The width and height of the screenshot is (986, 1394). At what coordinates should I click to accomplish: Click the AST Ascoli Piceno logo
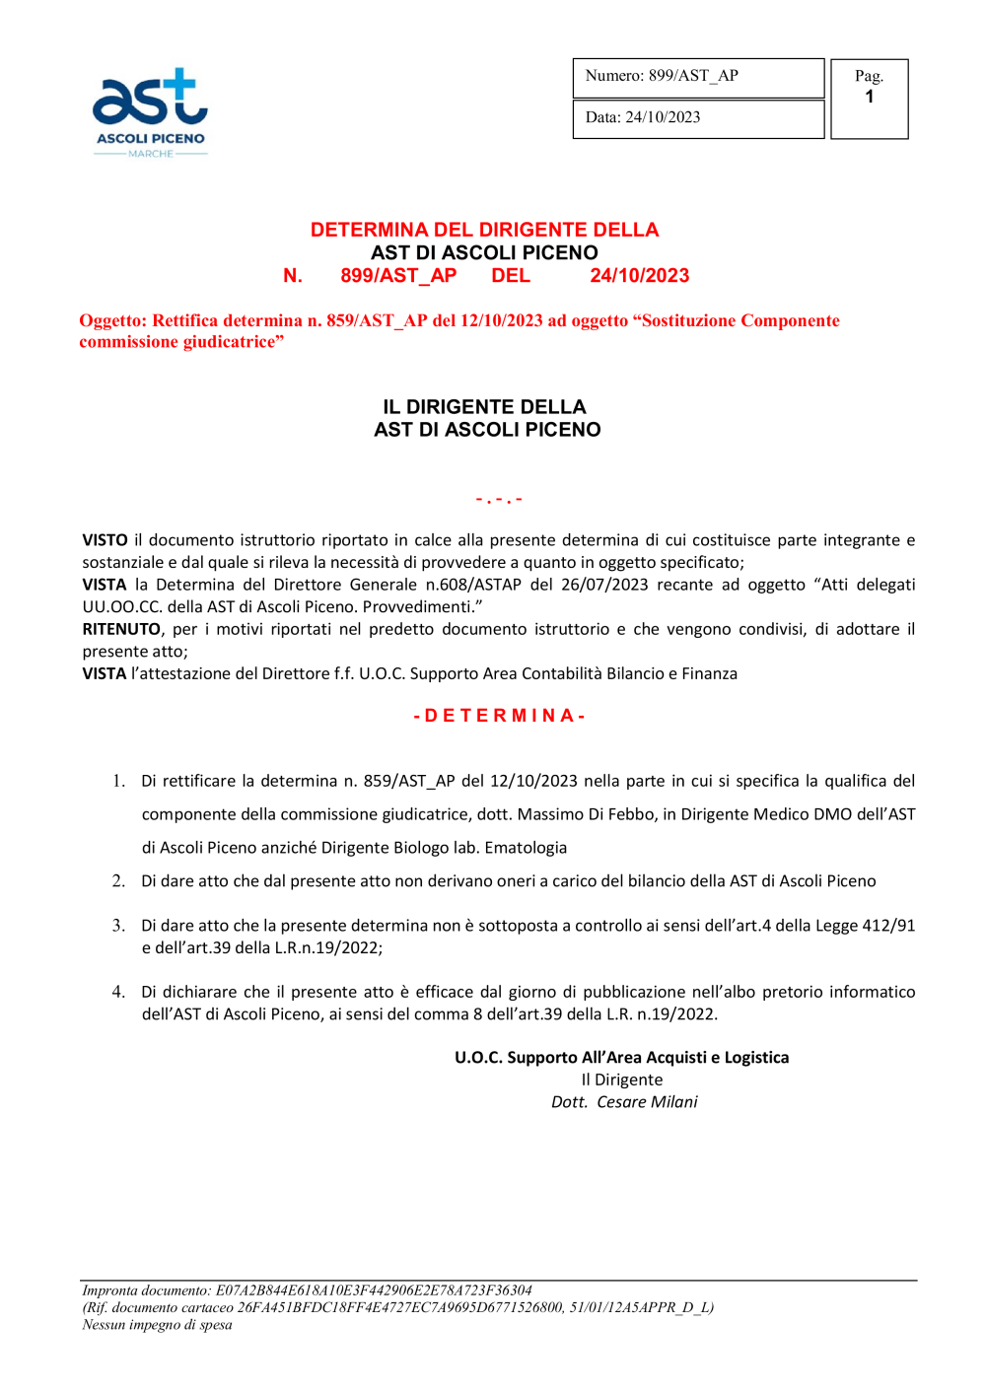coord(150,111)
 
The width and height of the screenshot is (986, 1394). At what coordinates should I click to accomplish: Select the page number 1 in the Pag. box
coord(869,98)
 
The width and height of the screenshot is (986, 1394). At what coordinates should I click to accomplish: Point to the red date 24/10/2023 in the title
coord(639,276)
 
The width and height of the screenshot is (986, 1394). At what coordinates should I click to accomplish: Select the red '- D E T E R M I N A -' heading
coord(499,716)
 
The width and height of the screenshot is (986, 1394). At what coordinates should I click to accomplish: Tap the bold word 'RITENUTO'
coord(121,629)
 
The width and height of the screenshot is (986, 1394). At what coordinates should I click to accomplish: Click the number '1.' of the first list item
coord(118,781)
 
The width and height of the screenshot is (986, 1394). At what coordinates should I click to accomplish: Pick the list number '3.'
coord(118,926)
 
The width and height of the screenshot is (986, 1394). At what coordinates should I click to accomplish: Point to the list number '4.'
coord(118,992)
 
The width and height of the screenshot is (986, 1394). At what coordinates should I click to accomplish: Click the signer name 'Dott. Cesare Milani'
coord(624,1102)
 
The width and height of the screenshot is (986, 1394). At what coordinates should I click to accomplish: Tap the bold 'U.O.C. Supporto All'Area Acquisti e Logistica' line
coord(621,1058)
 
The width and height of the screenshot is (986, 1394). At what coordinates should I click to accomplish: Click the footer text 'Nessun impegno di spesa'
coord(157,1325)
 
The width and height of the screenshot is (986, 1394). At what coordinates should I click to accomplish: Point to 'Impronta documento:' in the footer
coord(147,1290)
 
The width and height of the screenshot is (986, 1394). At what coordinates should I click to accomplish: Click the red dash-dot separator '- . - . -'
coord(499,500)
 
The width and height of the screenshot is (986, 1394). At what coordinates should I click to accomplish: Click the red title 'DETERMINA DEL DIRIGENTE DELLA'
coord(484,230)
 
